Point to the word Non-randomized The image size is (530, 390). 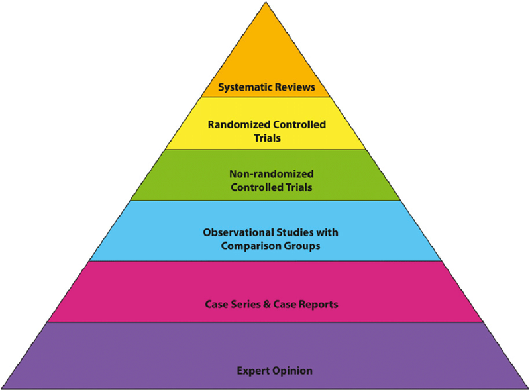point(265,174)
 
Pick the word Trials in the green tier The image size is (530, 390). point(295,187)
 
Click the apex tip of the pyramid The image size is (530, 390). point(264,3)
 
